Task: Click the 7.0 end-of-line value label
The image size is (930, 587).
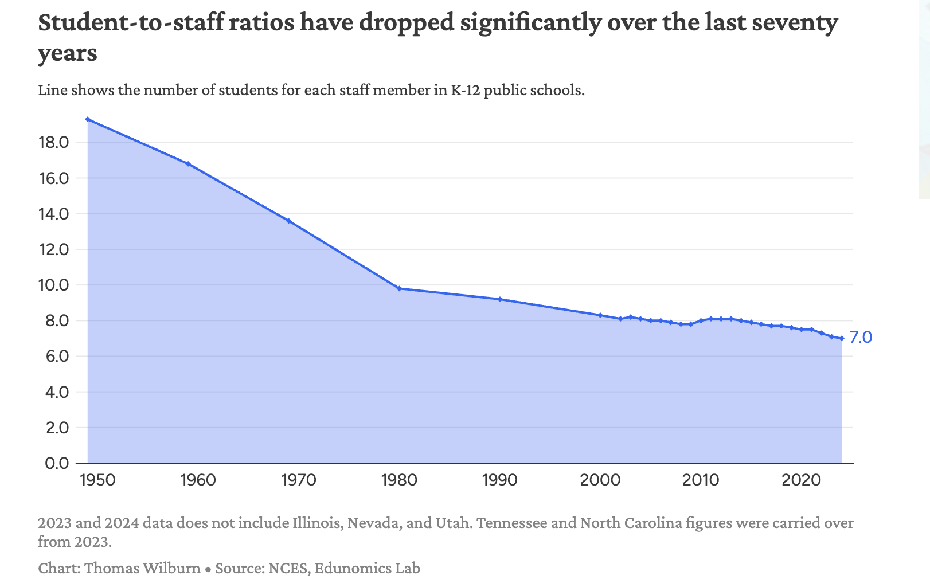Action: pyautogui.click(x=861, y=337)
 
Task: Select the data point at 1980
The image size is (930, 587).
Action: pyautogui.click(x=399, y=288)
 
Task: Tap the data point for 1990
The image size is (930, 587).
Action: pyautogui.click(x=500, y=299)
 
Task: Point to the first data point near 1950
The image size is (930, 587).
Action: pyautogui.click(x=88, y=119)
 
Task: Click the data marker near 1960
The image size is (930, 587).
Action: pyautogui.click(x=188, y=164)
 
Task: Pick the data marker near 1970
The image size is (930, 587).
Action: pyautogui.click(x=288, y=221)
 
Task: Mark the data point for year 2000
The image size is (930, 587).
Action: pyautogui.click(x=600, y=315)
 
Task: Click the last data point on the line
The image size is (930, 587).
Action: pyautogui.click(x=842, y=338)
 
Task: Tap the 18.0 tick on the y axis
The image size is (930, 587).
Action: pyautogui.click(x=53, y=143)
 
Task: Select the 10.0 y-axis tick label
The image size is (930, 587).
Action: pyautogui.click(x=53, y=285)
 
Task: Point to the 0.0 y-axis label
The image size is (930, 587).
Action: pyautogui.click(x=56, y=463)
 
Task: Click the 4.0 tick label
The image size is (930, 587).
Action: pyautogui.click(x=56, y=392)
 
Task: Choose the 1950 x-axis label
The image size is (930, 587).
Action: pyautogui.click(x=97, y=480)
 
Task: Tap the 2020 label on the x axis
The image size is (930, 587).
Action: pyautogui.click(x=800, y=480)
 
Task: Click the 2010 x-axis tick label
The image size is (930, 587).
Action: pyautogui.click(x=700, y=480)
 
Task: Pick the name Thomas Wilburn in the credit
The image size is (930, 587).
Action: pyautogui.click(x=142, y=568)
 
